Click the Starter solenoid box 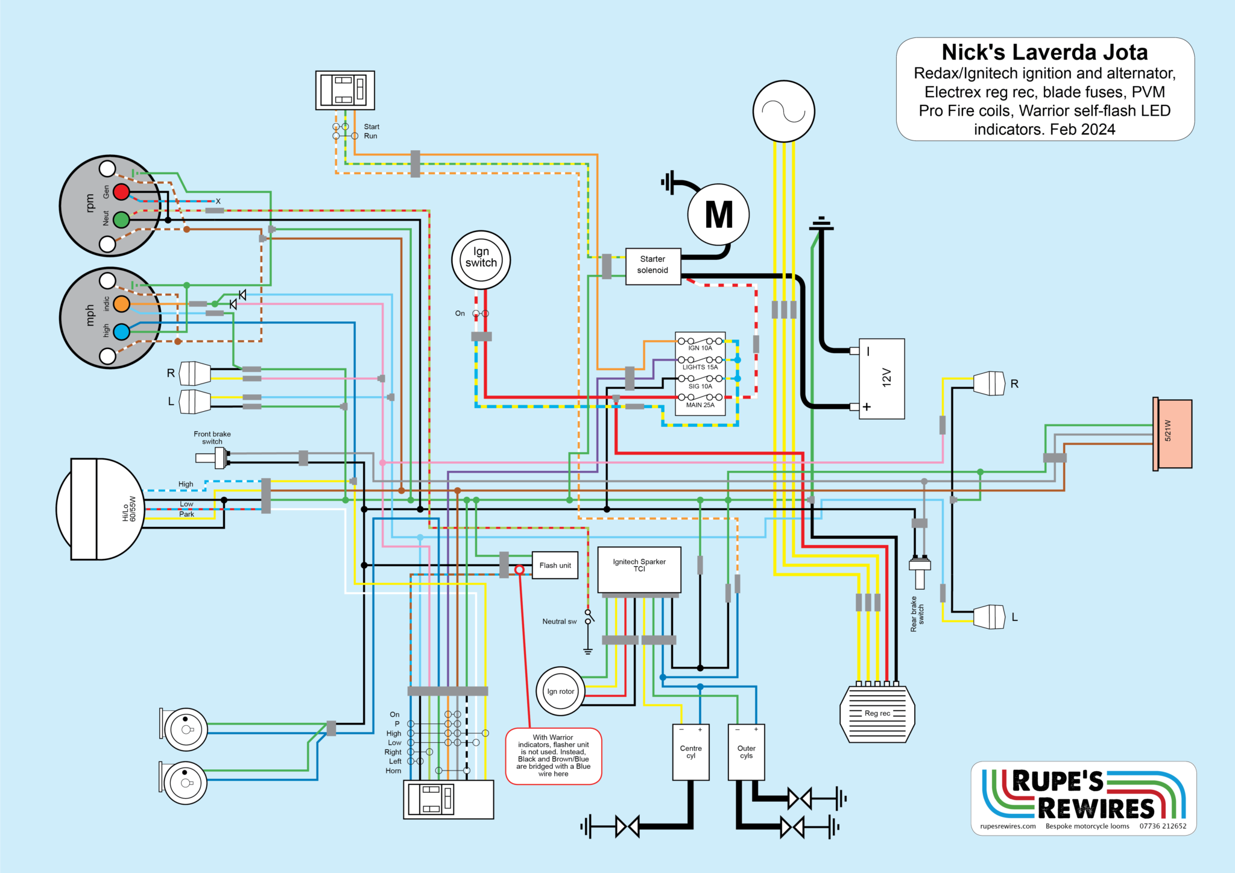pos(653,265)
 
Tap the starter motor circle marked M pos(718,215)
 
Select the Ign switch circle pos(481,260)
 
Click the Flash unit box pos(555,566)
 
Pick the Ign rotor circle pos(560,692)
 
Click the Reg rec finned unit pos(877,714)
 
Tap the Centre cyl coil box pos(690,752)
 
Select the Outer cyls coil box pos(746,752)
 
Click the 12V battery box pos(881,379)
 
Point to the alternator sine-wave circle pos(783,112)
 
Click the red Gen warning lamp pos(122,192)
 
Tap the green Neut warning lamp pos(122,219)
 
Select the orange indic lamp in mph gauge pos(122,304)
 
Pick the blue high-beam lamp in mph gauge pos(122,332)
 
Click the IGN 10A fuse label pos(700,348)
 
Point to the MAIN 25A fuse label pos(700,405)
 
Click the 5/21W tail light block pos(1173,433)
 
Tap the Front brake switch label pos(212,438)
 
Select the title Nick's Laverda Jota pos(1044,52)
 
